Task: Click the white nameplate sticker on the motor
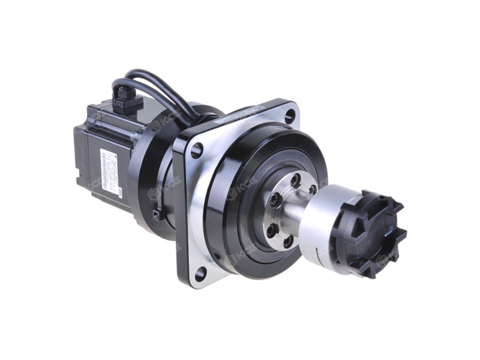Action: [x=110, y=170]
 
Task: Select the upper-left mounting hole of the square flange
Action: [x=196, y=151]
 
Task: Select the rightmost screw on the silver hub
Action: [x=312, y=189]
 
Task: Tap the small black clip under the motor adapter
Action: [x=158, y=214]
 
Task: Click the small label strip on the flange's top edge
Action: [x=247, y=112]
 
